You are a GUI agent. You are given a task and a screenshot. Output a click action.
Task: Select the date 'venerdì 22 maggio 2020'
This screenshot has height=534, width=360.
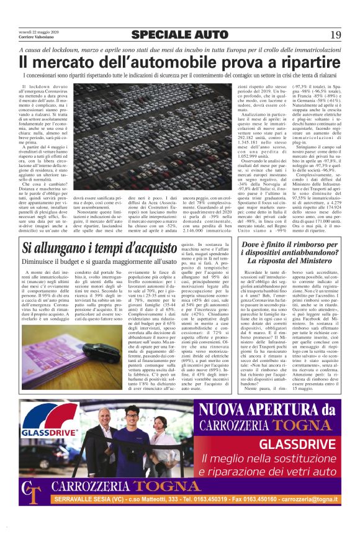(x=38, y=32)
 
